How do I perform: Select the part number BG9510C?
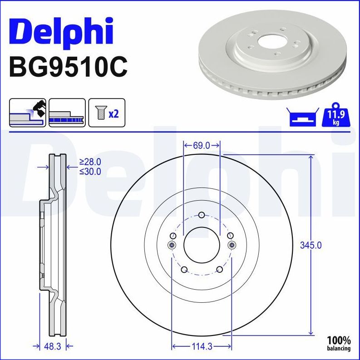pos(68,67)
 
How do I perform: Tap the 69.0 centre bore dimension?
pos(202,145)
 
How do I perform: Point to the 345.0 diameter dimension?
pos(311,245)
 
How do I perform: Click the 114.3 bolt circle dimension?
pos(202,347)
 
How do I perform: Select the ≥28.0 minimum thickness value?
pos(90,162)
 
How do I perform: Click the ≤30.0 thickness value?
pos(90,172)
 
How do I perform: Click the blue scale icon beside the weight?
pos(301,118)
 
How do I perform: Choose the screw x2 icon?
pos(106,113)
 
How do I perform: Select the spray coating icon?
pos(27,113)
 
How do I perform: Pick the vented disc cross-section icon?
pos(67,113)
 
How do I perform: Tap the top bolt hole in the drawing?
pos(202,215)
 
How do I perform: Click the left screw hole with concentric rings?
pos(172,245)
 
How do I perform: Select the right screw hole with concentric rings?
pos(232,245)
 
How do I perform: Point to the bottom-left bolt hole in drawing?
pos(184,270)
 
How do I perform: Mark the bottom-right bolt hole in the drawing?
pos(219,270)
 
